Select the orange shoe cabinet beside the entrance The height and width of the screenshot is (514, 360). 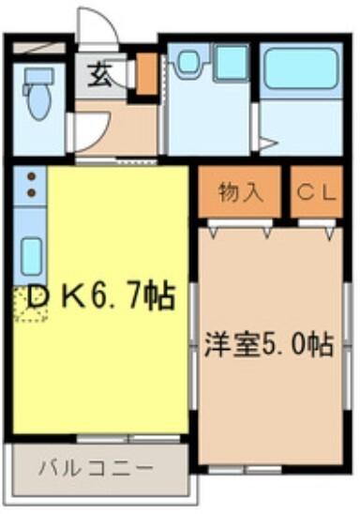[x=146, y=75]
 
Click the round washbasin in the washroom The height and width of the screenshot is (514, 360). [x=187, y=63]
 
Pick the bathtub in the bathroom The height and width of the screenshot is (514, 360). [x=298, y=68]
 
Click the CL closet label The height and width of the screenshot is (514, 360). [x=316, y=193]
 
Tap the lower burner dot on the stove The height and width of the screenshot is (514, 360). [x=30, y=193]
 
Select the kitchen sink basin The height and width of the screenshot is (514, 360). [x=30, y=253]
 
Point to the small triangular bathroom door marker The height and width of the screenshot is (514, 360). [x=267, y=143]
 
